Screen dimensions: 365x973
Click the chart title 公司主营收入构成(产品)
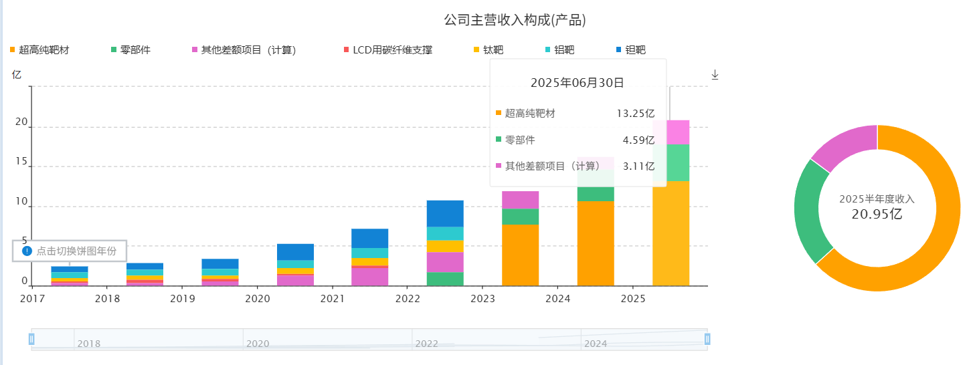click(515, 20)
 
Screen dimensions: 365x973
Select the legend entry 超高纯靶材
click(44, 50)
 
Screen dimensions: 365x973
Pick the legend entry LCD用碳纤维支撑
click(392, 50)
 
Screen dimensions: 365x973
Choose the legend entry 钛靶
click(493, 50)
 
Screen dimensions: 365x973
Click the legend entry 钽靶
click(635, 50)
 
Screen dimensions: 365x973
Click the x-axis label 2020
click(258, 298)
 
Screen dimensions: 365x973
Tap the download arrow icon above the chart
click(715, 75)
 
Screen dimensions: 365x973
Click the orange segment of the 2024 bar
click(596, 243)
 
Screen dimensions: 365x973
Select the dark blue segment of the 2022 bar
click(445, 213)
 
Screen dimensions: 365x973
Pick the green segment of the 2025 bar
click(671, 162)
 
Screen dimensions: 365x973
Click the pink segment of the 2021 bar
click(370, 277)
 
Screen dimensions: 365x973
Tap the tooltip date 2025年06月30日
click(578, 83)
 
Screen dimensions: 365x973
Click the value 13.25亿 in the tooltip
click(635, 114)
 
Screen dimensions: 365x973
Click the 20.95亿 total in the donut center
click(877, 215)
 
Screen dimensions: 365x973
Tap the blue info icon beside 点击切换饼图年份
click(27, 251)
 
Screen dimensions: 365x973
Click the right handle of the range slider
click(707, 339)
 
